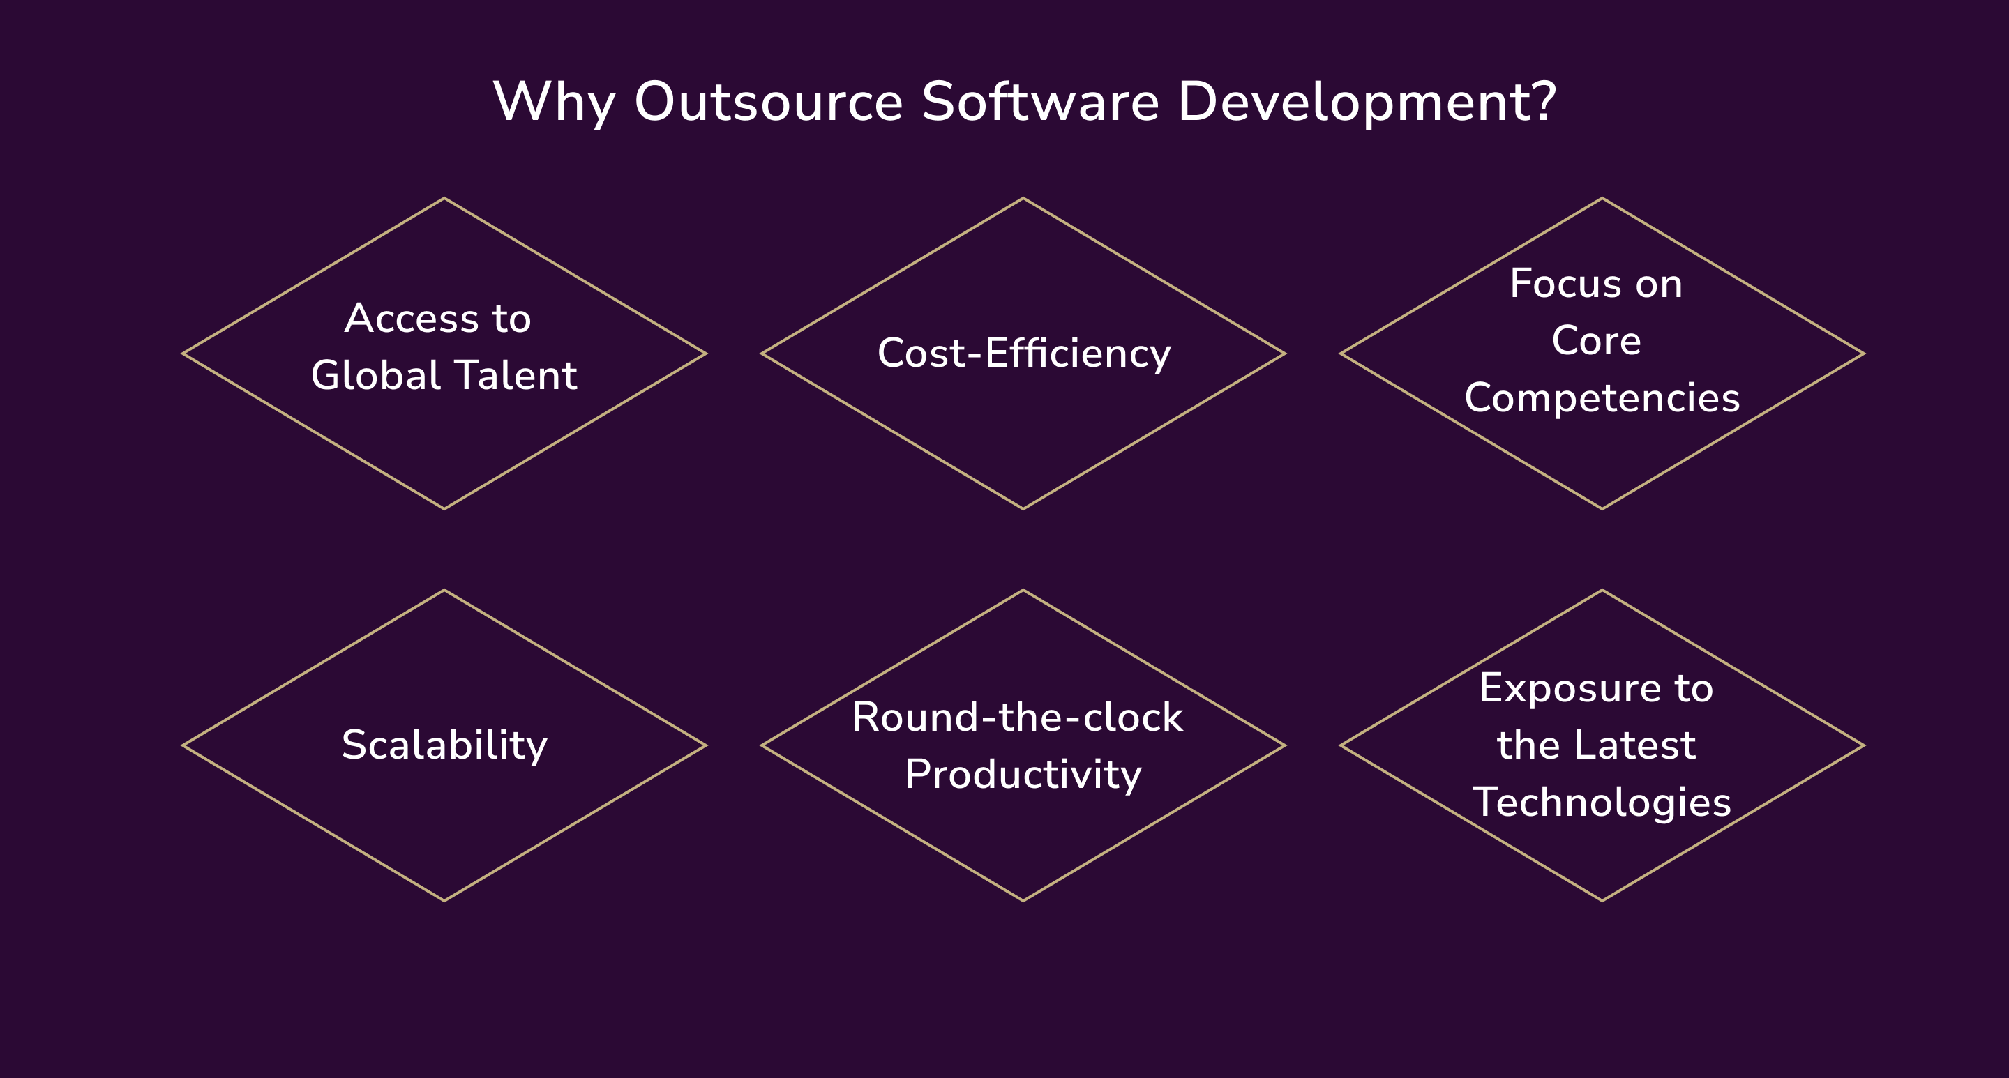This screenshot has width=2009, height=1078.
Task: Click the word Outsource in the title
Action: (768, 102)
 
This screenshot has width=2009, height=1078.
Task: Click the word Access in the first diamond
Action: (412, 318)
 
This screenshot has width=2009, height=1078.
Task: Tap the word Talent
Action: (516, 375)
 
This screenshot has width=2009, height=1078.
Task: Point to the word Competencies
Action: (1602, 399)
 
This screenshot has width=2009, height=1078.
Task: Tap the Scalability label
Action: (444, 745)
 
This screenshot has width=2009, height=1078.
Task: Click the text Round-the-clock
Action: (1017, 717)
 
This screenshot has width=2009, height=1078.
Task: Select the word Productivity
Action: (1023, 775)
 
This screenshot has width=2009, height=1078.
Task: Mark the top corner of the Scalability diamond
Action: (444, 591)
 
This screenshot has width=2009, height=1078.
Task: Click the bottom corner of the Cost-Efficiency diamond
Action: (1023, 508)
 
